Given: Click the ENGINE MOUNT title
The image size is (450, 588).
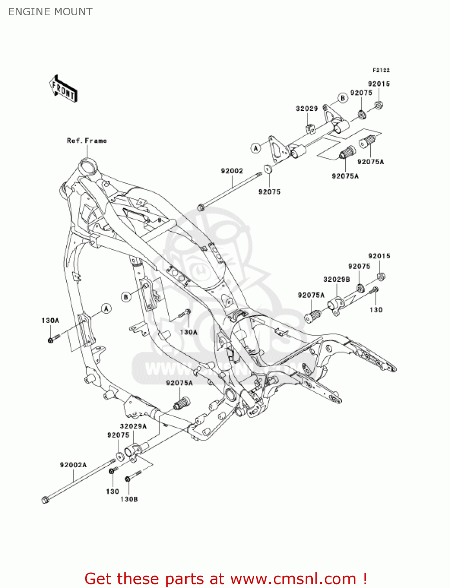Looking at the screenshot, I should [50, 12].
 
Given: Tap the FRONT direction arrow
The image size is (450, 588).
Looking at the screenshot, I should [63, 89].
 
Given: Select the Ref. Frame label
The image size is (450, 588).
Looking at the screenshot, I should [87, 140].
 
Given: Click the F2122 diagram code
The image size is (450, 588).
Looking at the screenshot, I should [381, 70].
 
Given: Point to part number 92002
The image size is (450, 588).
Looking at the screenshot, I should [232, 171].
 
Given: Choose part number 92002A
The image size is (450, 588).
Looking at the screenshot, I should [73, 465].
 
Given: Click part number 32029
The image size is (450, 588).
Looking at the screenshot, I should [306, 109].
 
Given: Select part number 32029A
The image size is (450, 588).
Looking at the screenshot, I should [133, 426].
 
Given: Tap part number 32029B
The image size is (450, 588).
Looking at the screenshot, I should [336, 279].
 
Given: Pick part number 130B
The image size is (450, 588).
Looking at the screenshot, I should [129, 499].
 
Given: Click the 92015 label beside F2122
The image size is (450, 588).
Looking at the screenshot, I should [379, 84].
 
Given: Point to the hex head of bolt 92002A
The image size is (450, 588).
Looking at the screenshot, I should [45, 500].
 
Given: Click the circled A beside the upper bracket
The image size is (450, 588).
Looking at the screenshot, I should [256, 148].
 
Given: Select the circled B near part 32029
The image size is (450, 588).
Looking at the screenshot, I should [343, 98].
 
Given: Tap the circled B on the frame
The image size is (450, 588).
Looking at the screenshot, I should [126, 297].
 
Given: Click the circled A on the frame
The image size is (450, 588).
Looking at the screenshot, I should [106, 309].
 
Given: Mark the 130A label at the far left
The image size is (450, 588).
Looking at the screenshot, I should [50, 321].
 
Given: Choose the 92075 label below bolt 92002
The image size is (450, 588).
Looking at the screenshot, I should [269, 192].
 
